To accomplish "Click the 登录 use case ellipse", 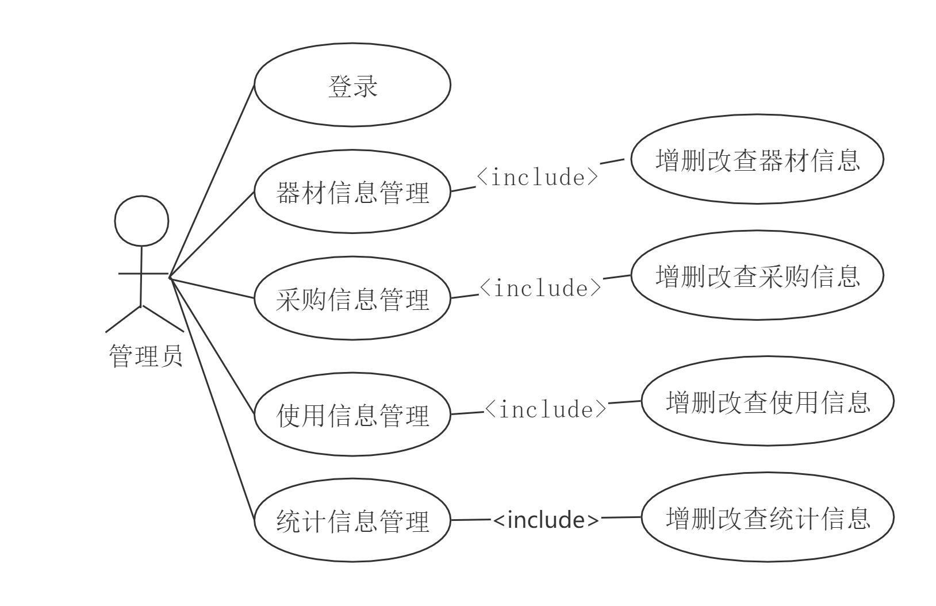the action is tap(352, 85).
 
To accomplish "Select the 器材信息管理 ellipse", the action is tap(352, 193).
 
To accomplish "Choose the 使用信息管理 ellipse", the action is tap(352, 415).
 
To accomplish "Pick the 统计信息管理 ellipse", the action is tap(352, 521).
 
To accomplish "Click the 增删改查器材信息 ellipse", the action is tap(757, 159).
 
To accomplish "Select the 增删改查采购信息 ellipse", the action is tap(757, 276).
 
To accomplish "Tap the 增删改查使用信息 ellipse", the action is tap(768, 401).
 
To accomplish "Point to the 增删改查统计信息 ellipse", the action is tap(768, 517).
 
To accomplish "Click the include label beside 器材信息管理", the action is tap(538, 176).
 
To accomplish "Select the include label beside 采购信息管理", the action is tap(540, 287).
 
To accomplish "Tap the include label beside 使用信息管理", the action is tap(546, 408).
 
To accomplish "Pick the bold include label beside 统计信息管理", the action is tap(546, 519).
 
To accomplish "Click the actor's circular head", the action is tap(141, 221).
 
